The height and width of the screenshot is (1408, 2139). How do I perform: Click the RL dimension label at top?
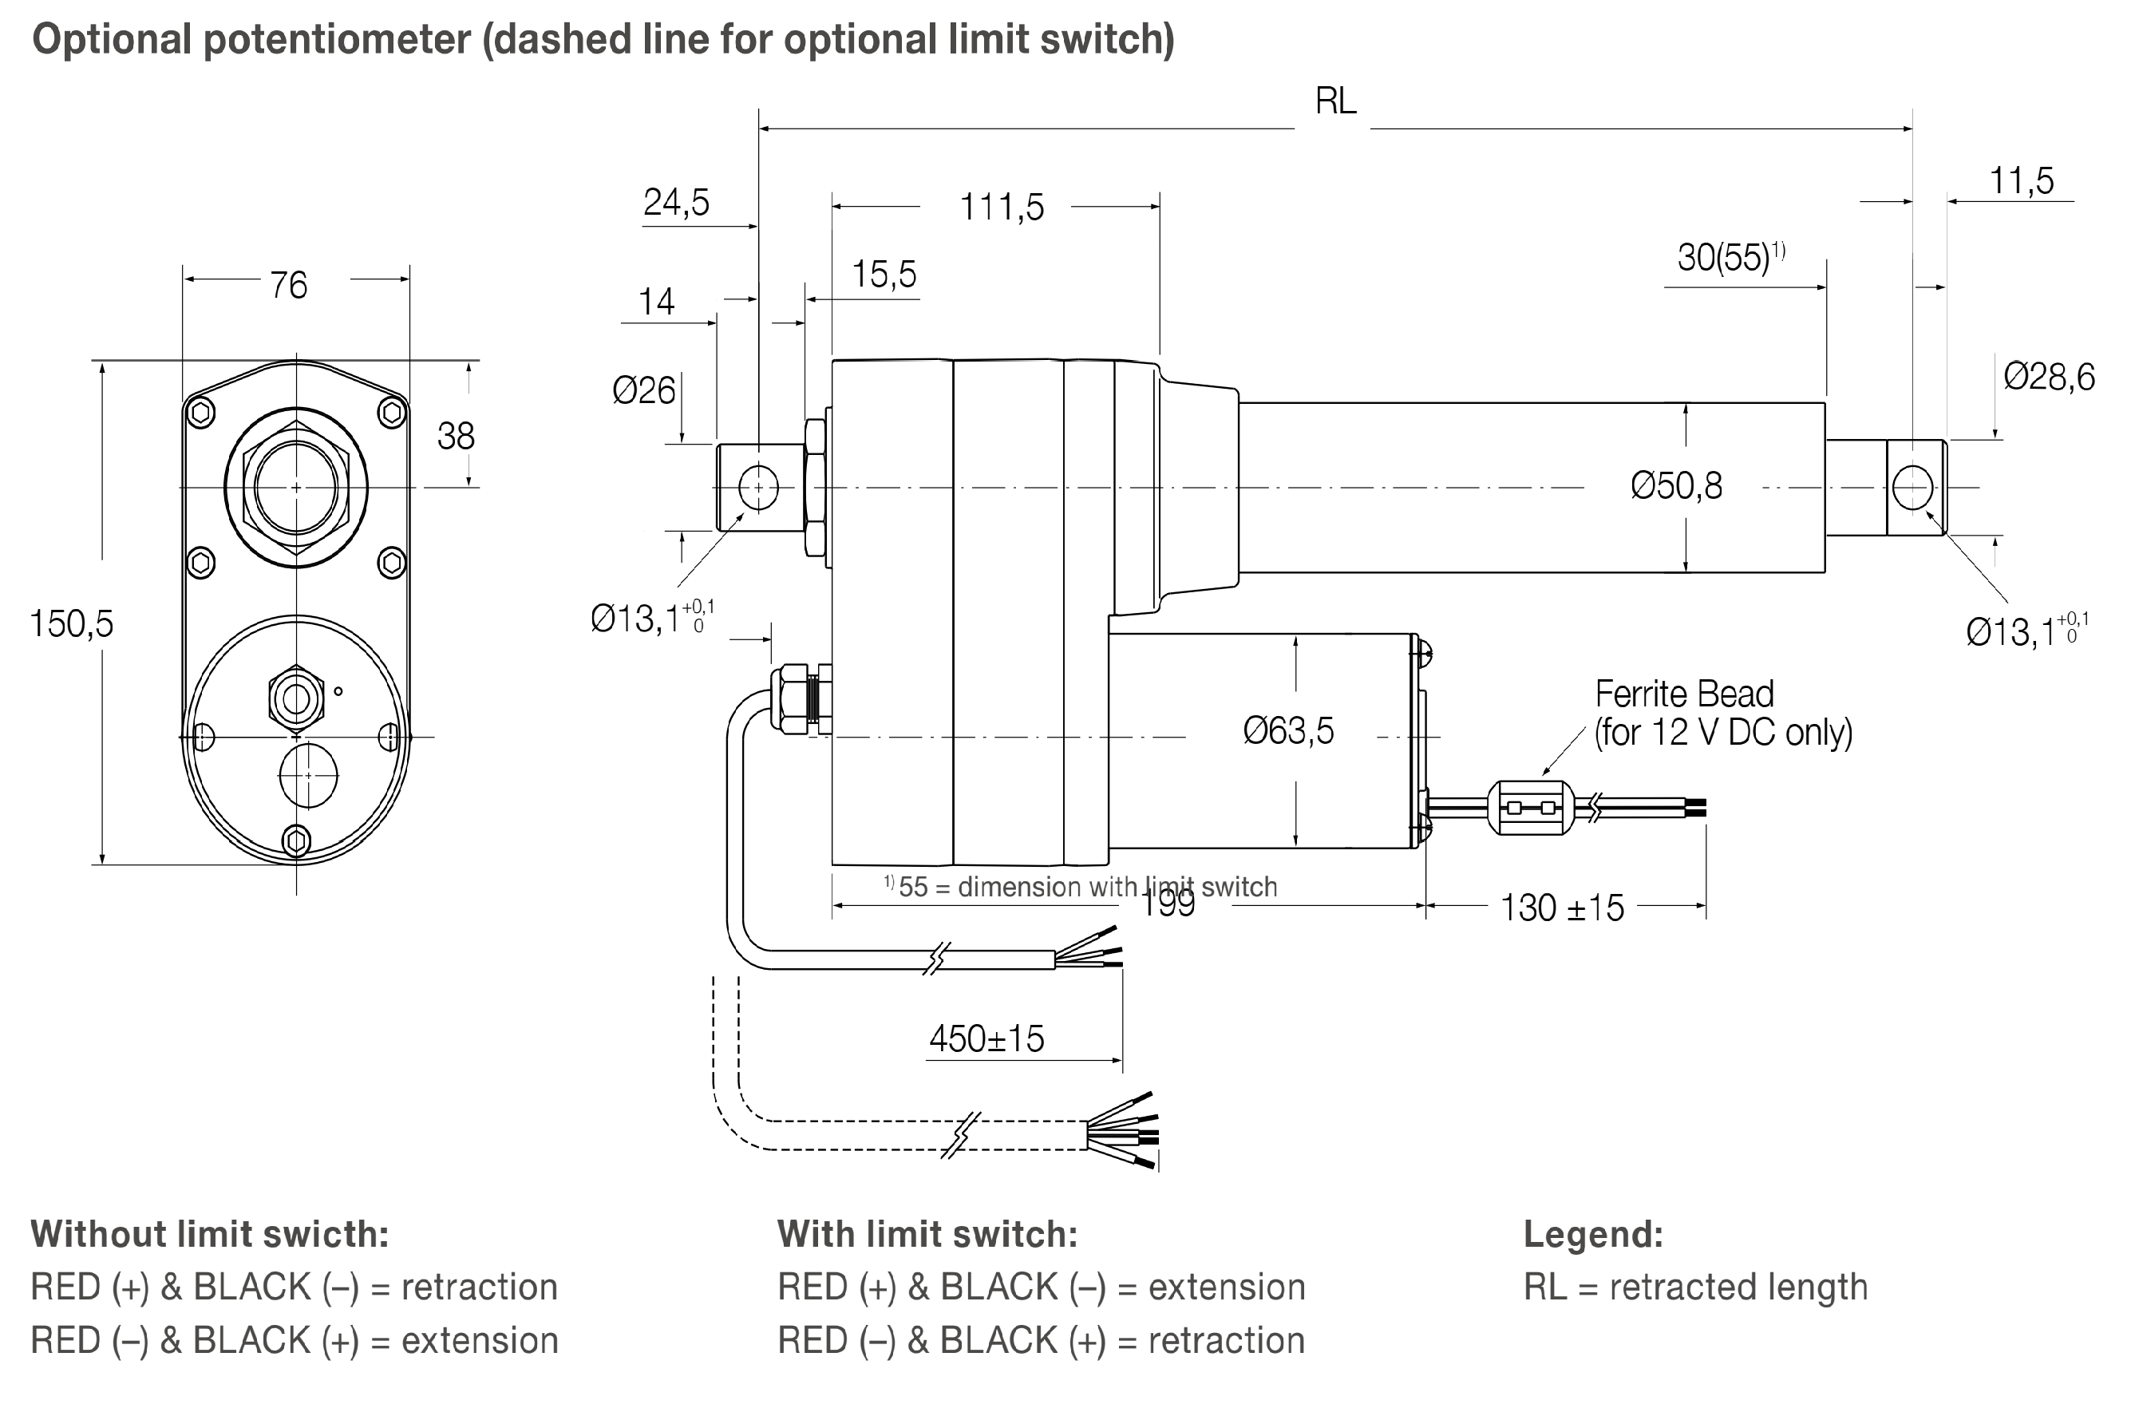1334,101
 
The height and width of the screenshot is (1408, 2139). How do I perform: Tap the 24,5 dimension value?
676,202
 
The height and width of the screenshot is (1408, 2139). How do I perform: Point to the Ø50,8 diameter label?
1675,486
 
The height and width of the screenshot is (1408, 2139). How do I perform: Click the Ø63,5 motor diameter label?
1287,730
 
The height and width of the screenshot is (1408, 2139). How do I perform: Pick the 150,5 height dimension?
71,623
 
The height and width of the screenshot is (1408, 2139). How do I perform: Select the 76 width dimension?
288,286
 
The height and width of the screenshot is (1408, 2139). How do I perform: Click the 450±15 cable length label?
986,1038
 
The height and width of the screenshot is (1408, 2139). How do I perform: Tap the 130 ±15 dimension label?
1561,908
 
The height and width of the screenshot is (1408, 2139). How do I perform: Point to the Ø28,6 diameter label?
2048,377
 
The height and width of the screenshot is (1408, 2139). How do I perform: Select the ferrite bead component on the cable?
1531,808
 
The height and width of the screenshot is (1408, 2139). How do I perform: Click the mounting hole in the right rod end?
1912,488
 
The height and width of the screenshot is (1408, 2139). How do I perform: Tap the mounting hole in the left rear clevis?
757,488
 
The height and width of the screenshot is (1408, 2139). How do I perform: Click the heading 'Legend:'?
1592,1235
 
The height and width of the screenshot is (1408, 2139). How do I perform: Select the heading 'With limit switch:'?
927,1235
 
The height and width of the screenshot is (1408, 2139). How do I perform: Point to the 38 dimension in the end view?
455,437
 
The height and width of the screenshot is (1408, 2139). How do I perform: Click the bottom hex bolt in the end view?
297,841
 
